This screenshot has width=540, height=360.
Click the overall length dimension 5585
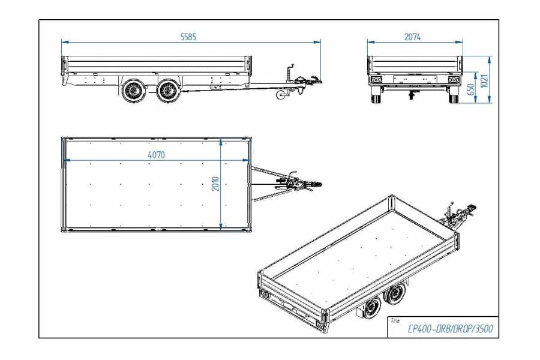[x=188, y=37]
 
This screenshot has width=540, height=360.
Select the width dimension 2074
[x=412, y=37]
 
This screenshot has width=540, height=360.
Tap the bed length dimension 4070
[x=156, y=155]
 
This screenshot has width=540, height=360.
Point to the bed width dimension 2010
[x=215, y=184]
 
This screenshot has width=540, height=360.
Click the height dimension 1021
[x=484, y=81]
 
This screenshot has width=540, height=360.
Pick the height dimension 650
[x=470, y=89]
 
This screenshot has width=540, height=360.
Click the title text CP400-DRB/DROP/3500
[x=450, y=329]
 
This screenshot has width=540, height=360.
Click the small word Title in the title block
[x=395, y=320]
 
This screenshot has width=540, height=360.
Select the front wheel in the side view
[x=169, y=91]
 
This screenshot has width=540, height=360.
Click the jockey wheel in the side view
[x=281, y=95]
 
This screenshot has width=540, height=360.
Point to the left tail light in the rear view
[x=376, y=80]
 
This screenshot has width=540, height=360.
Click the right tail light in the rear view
[x=454, y=80]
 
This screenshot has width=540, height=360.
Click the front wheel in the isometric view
[x=395, y=293]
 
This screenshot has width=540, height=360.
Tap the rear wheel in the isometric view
[x=372, y=308]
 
